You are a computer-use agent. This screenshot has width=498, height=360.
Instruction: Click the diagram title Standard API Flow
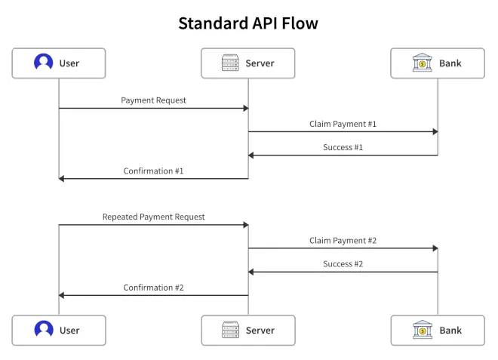pyautogui.click(x=248, y=23)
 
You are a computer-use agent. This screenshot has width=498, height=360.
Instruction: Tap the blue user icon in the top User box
pyautogui.click(x=43, y=62)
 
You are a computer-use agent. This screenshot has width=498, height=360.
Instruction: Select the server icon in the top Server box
pyautogui.click(x=230, y=63)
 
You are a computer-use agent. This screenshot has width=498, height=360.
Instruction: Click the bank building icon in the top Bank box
pyautogui.click(x=422, y=63)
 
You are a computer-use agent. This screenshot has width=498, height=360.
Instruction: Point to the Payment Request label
pyautogui.click(x=153, y=100)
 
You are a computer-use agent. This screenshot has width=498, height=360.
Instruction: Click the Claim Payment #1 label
pyautogui.click(x=343, y=124)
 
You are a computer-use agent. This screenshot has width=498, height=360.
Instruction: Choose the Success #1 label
pyautogui.click(x=343, y=147)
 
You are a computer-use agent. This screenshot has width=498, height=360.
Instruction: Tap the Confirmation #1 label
pyautogui.click(x=153, y=171)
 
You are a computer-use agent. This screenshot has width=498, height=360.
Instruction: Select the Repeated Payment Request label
pyautogui.click(x=153, y=217)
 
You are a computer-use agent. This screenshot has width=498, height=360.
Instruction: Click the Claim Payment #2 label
pyautogui.click(x=343, y=241)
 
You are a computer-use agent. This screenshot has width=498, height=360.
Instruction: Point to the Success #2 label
pyautogui.click(x=343, y=264)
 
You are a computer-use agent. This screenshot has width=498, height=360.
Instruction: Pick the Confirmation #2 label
pyautogui.click(x=153, y=288)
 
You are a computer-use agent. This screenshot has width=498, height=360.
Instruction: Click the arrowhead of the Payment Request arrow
pyautogui.click(x=246, y=109)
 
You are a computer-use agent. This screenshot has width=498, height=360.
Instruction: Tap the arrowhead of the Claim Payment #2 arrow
pyautogui.click(x=435, y=248)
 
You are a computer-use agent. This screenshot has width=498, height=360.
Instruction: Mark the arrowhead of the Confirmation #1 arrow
pyautogui.click(x=62, y=179)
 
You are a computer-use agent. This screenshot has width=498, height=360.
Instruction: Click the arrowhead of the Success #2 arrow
pyautogui.click(x=251, y=272)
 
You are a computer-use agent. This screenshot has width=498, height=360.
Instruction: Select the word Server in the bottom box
pyautogui.click(x=260, y=331)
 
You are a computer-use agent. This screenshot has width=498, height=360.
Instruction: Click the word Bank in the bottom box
pyautogui.click(x=450, y=331)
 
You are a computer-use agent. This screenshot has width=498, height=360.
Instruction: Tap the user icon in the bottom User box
pyautogui.click(x=44, y=329)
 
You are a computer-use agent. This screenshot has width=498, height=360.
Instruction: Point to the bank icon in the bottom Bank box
pyautogui.click(x=423, y=330)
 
